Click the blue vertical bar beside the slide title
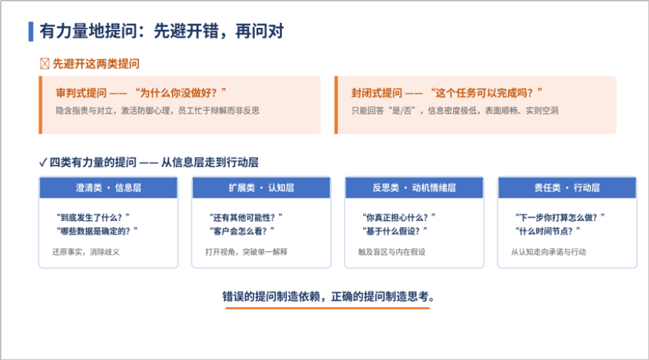click(31, 31)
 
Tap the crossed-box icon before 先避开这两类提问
click(45, 64)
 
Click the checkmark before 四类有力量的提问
click(43, 162)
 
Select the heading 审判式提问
click(81, 92)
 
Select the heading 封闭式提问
click(376, 92)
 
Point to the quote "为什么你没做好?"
click(181, 92)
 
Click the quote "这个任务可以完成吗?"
click(487, 92)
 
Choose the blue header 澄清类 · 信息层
click(109, 187)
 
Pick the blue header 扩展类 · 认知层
click(261, 187)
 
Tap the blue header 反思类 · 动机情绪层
click(415, 187)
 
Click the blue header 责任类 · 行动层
click(567, 187)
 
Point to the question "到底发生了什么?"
click(93, 217)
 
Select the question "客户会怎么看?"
click(242, 231)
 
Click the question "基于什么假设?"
click(395, 231)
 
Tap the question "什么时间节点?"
click(548, 231)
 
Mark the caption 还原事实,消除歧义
click(86, 252)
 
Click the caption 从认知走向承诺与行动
click(548, 252)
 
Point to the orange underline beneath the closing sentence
click(328, 308)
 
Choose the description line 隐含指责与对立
click(84, 111)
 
